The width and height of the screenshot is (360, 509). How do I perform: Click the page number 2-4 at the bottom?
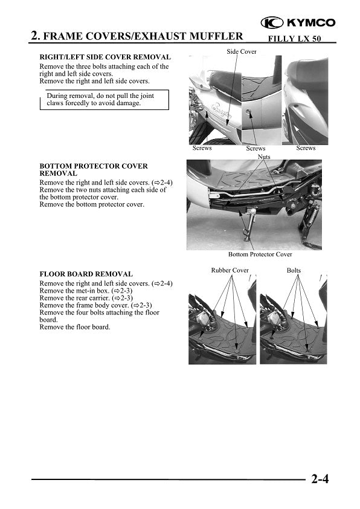320,481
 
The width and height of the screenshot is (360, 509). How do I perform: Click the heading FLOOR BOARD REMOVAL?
86,274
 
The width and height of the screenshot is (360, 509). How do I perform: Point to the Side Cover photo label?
242,52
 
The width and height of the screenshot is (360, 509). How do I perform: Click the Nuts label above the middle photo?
264,156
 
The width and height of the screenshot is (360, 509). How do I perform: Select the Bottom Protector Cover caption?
260,254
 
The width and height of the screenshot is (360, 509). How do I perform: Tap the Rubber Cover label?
230,270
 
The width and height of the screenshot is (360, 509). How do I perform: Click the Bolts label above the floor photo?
294,270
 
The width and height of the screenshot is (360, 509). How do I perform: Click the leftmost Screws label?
202,148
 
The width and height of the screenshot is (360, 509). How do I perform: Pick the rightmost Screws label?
306,148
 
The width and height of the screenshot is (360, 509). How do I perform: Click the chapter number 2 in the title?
35,36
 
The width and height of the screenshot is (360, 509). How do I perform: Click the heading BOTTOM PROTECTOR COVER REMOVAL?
93,169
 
